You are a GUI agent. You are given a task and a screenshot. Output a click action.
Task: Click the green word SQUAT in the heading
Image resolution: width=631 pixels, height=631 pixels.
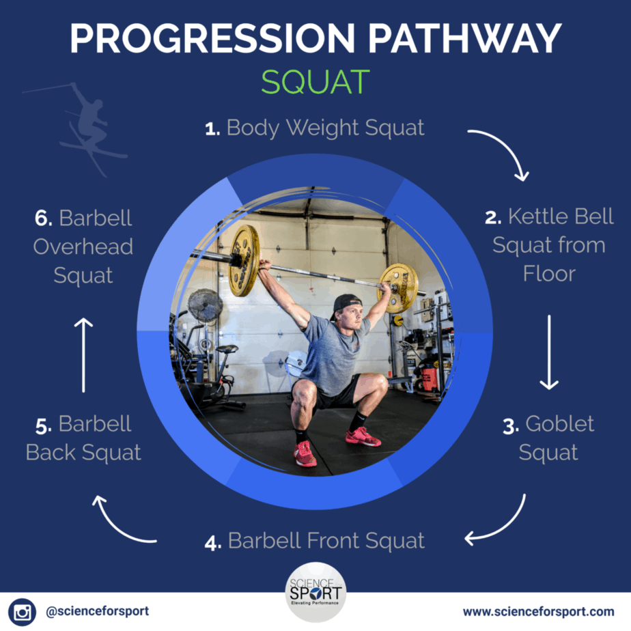coord(315,82)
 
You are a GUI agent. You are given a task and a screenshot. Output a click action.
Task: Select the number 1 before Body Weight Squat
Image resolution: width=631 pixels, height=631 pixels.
coord(212,129)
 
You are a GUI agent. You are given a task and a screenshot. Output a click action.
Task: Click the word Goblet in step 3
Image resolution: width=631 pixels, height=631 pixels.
coord(559,423)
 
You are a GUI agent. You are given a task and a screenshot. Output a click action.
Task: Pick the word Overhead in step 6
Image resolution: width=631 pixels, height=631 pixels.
coord(83,247)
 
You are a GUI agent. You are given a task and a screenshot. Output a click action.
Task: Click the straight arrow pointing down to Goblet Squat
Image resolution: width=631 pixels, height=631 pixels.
coord(549,352)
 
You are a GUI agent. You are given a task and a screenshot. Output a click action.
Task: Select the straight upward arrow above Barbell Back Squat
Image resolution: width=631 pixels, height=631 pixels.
coord(84,355)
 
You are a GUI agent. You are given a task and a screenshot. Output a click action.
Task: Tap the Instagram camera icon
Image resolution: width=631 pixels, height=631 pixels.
coord(22,612)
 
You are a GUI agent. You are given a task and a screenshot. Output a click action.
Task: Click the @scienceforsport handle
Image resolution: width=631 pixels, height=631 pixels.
coord(98,611)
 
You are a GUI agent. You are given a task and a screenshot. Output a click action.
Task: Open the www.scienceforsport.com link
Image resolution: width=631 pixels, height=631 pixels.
coord(538,612)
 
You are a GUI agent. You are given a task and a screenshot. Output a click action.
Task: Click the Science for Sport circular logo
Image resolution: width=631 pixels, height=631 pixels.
coord(315,592)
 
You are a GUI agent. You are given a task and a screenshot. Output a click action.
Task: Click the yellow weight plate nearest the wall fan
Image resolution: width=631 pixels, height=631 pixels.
coord(244,260)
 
